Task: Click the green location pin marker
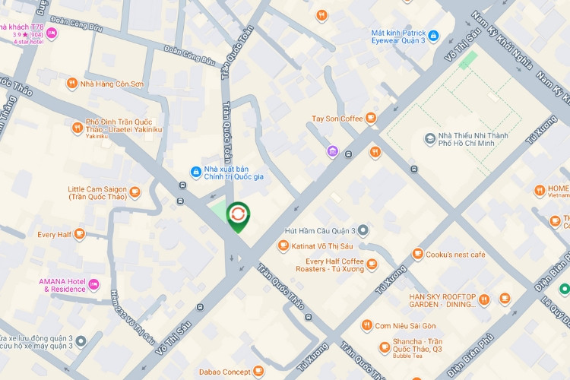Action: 238,216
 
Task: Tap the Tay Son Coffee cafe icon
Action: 370,118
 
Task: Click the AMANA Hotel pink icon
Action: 94,285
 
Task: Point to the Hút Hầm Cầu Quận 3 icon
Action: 363,230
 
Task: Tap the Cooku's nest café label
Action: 455,255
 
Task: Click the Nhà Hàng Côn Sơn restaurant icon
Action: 72,84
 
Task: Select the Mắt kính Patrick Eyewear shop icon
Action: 432,35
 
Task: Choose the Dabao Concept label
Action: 225,372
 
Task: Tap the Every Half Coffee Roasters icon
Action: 371,264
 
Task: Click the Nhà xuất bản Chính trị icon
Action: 195,171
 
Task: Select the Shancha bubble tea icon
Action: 385,347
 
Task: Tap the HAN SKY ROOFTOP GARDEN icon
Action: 483,300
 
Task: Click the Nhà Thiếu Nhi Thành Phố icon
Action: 430,138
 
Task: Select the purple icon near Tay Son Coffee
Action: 332,152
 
